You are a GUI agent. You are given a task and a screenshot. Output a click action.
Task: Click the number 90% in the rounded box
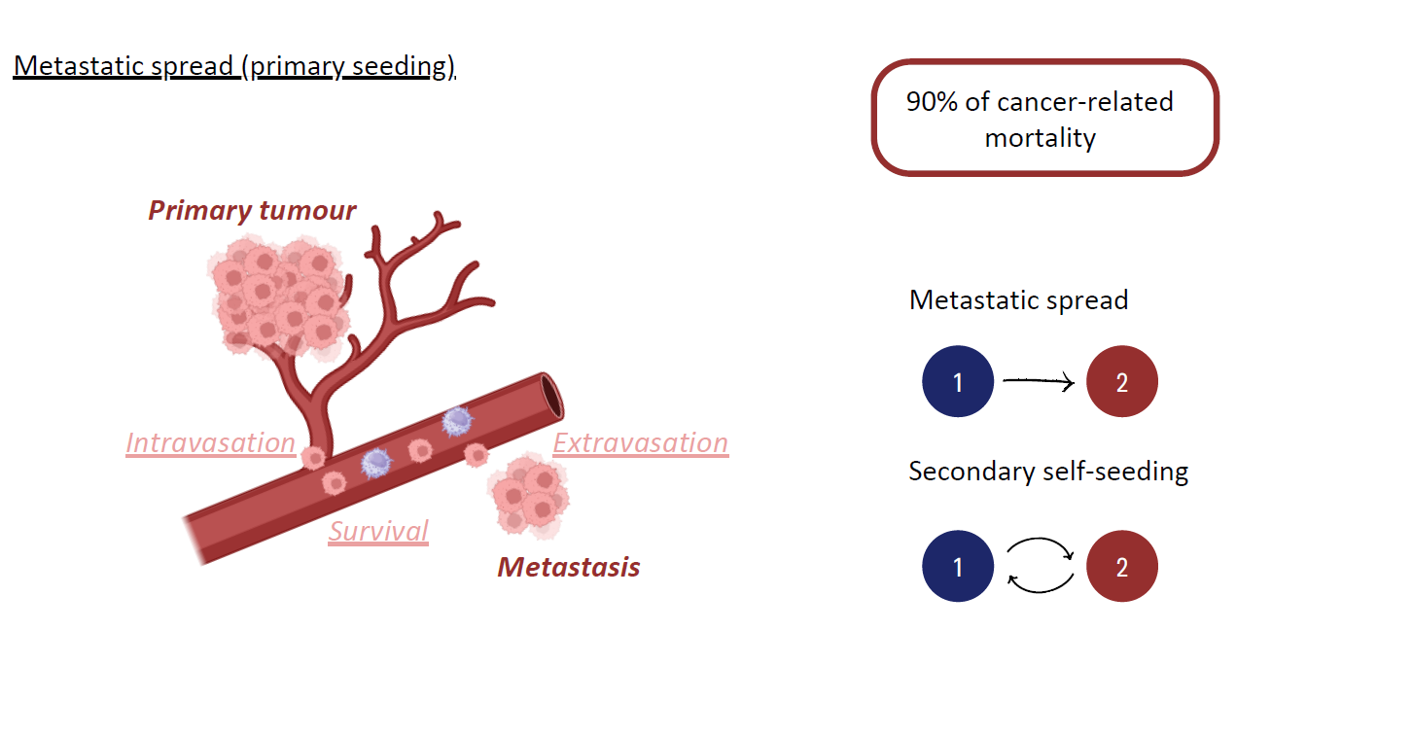(931, 102)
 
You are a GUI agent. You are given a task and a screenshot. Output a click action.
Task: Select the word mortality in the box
(1040, 138)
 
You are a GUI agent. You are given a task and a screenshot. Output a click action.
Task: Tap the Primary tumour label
(252, 210)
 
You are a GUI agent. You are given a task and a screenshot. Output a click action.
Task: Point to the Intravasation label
(210, 443)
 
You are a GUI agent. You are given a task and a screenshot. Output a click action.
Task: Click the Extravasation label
(640, 443)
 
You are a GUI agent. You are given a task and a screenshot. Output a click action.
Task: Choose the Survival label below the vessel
(378, 531)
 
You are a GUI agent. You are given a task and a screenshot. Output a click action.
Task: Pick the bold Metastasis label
(569, 567)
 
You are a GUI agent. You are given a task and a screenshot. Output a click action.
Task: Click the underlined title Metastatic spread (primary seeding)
(234, 67)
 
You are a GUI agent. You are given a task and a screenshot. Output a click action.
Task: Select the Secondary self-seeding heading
(1048, 472)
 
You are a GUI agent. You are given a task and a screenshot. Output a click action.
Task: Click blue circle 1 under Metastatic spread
(958, 381)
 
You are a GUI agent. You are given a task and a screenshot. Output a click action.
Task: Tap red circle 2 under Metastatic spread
(1121, 381)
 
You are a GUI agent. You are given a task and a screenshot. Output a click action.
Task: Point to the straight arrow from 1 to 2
(1038, 382)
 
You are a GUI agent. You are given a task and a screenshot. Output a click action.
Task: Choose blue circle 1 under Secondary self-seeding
(958, 566)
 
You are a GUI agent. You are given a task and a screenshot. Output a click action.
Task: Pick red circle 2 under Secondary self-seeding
(1121, 566)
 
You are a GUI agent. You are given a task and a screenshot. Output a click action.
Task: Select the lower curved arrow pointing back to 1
(1040, 585)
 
